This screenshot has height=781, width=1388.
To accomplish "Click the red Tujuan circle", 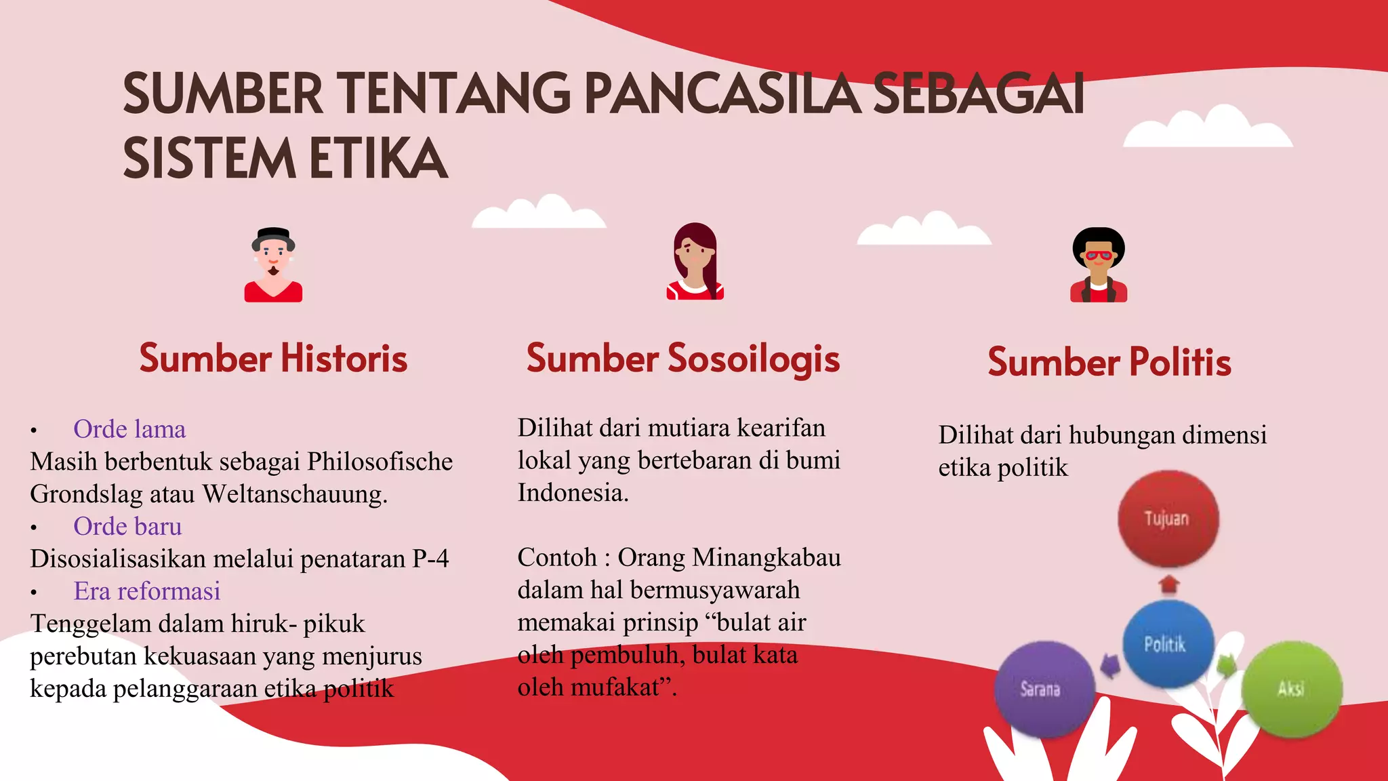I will (x=1167, y=519).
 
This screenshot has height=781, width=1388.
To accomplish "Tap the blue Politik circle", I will (x=1166, y=643).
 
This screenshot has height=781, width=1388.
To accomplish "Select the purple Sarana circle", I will (x=1042, y=689).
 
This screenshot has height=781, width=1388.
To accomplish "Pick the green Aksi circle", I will (x=1291, y=689).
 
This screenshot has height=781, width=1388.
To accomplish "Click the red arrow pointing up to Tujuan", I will (x=1168, y=584).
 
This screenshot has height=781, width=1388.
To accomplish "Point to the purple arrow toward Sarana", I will (x=1109, y=665).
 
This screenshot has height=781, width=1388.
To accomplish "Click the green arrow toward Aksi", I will (x=1226, y=665).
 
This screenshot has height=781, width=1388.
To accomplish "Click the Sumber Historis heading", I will (x=273, y=358).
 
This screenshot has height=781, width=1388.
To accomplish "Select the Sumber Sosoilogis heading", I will (x=682, y=358).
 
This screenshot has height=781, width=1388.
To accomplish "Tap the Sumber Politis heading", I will (x=1109, y=361).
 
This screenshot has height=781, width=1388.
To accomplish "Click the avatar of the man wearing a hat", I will (x=273, y=264).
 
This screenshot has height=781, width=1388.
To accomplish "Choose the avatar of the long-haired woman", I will (x=695, y=262).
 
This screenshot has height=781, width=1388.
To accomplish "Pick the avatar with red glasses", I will (x=1099, y=265).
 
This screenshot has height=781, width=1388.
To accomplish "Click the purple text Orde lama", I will (x=129, y=429).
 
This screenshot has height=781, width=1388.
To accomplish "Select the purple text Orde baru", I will (x=127, y=526).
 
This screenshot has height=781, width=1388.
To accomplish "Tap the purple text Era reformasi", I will (x=147, y=591).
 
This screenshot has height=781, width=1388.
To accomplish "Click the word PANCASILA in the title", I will (x=722, y=94).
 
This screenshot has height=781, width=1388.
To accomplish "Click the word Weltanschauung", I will (x=294, y=494).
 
